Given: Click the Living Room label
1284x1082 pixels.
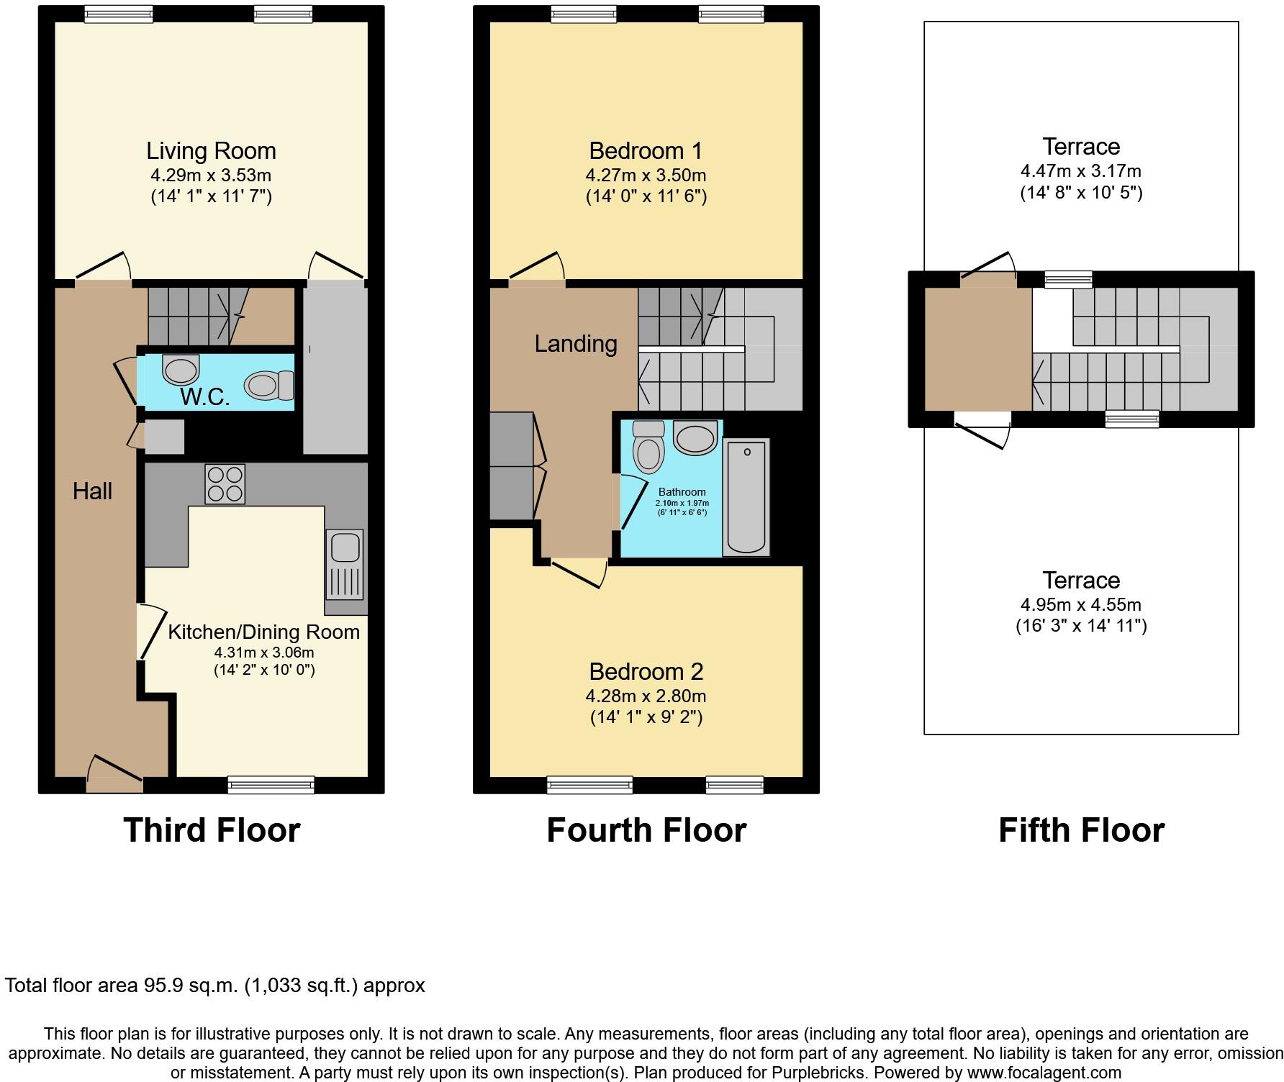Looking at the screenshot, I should (x=211, y=151).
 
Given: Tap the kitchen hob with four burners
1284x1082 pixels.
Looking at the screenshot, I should (x=225, y=483).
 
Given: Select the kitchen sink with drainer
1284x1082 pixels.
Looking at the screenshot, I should (x=345, y=564).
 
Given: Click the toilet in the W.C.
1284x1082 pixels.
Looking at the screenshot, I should (x=269, y=385).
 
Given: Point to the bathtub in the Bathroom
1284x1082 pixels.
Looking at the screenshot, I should (x=746, y=497).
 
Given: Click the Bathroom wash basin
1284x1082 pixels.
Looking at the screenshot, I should (x=695, y=437).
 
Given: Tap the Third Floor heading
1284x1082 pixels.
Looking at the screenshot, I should (x=212, y=830).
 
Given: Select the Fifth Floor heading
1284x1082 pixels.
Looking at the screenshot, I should (x=1081, y=830).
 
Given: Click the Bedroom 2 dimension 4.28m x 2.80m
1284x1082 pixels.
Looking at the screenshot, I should (x=646, y=696).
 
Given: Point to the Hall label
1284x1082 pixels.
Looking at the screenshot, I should (x=92, y=491).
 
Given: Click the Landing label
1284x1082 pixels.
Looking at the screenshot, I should (x=575, y=344).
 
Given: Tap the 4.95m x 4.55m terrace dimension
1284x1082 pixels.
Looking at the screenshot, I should (x=1081, y=605).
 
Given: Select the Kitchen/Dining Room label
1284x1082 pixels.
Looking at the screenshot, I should (x=263, y=632).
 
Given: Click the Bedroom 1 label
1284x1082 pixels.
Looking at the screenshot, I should (x=646, y=151).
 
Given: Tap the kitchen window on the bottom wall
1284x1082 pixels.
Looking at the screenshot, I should (x=271, y=785).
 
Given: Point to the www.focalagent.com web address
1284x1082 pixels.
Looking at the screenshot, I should (x=1044, y=1073).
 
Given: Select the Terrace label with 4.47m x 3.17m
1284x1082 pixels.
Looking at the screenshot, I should (x=1081, y=147).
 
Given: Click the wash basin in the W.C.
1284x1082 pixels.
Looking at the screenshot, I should (x=180, y=370).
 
